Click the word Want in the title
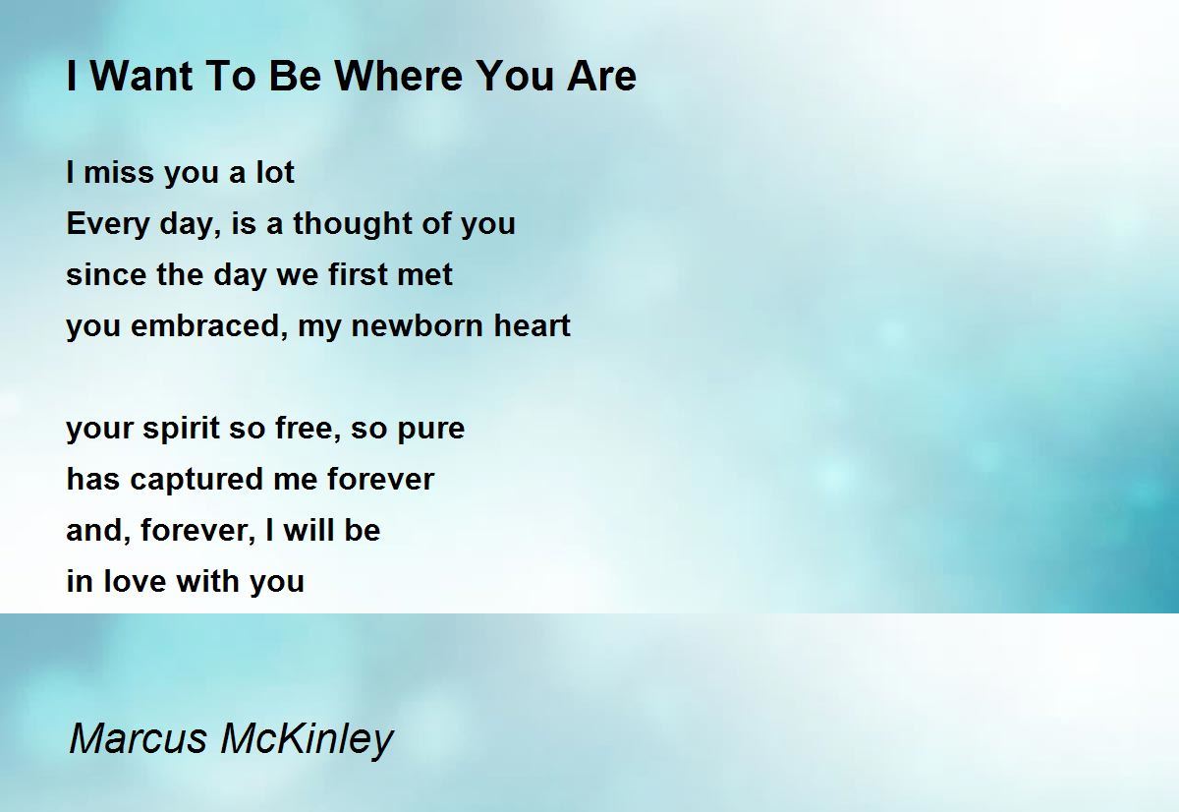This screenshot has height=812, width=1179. tap(141, 76)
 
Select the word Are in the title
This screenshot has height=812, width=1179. tap(601, 76)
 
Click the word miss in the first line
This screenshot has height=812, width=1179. tap(120, 172)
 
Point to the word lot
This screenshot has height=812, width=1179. tap(275, 172)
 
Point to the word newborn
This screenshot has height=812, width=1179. tap(416, 326)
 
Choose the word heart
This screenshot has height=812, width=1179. tap(533, 326)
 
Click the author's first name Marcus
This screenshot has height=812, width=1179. tap(138, 737)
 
